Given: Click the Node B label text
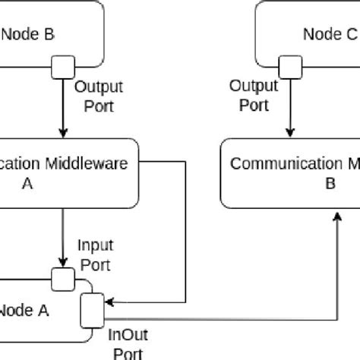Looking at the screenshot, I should pos(27,33).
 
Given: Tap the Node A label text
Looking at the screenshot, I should pos(26,309).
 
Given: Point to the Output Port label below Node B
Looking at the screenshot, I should pos(98,97).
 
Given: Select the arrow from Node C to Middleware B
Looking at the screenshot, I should pos(289,106).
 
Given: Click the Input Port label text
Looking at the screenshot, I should pos(96,255).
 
